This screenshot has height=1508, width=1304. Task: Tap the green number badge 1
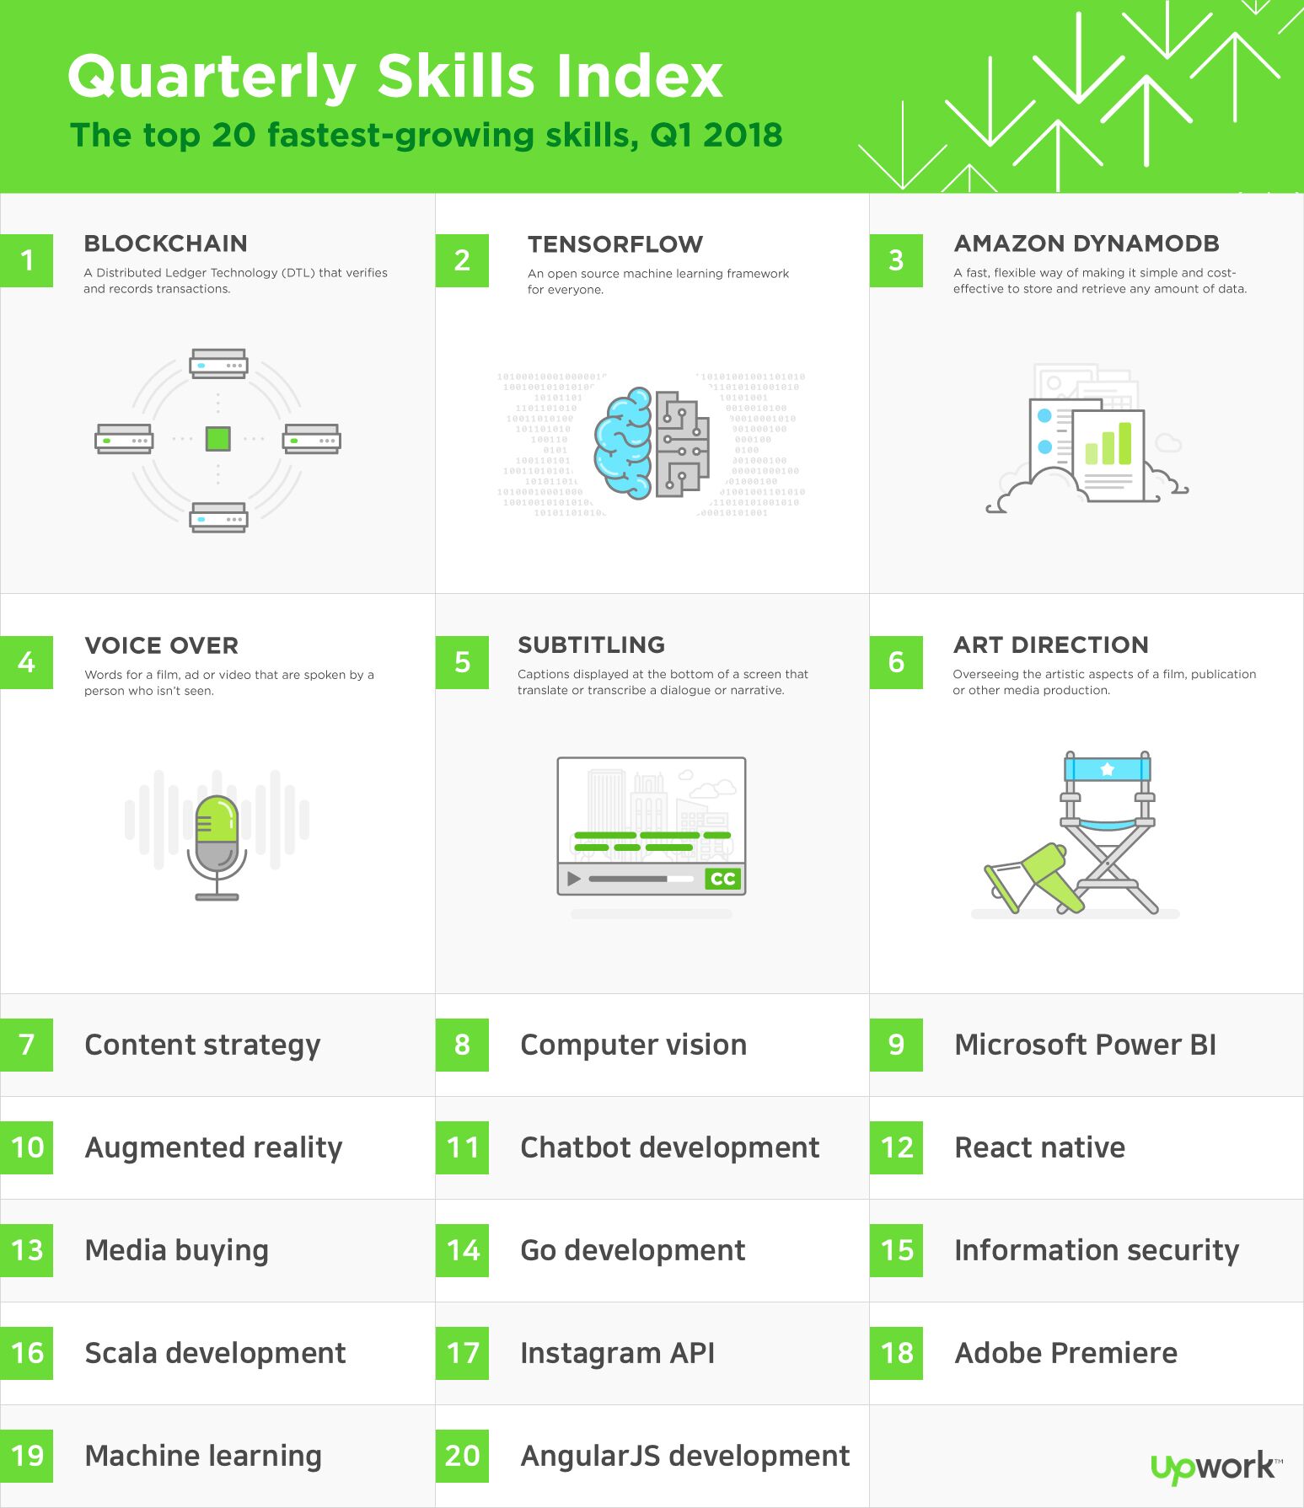pos(26,260)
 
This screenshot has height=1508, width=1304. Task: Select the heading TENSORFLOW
pos(615,244)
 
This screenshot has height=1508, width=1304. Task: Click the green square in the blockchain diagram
pos(218,439)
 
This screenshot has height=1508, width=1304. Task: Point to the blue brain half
pos(623,443)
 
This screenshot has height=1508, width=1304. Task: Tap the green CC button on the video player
pos(722,879)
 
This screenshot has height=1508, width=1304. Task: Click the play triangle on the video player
pos(574,879)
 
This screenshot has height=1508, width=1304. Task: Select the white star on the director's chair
pos(1108,768)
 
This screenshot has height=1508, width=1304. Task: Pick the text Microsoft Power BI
pos(1085,1045)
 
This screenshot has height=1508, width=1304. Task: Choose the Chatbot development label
pos(670,1147)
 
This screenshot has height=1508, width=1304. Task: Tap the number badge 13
pos(26,1250)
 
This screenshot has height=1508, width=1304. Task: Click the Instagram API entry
pos(618,1353)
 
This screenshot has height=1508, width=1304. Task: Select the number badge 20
pos(462,1456)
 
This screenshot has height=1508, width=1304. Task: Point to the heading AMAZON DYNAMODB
pos(1087,243)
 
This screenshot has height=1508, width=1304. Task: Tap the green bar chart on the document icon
pos(1108,444)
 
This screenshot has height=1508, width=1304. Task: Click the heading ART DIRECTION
pos(1051,645)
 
